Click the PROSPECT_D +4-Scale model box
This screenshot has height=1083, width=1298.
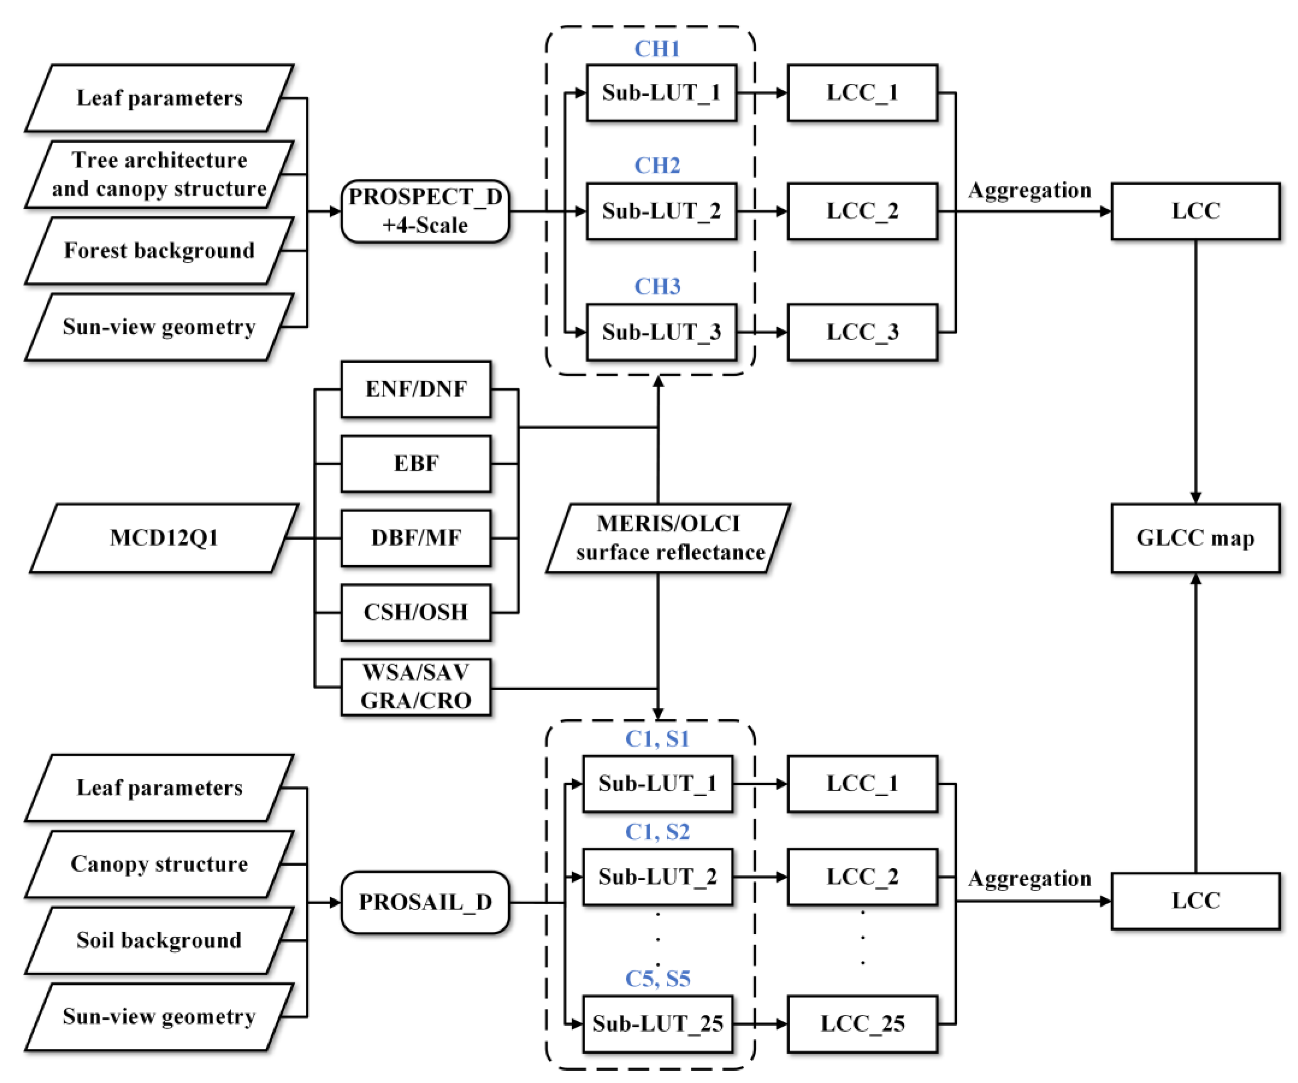tap(425, 211)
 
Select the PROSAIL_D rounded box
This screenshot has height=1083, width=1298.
tap(425, 902)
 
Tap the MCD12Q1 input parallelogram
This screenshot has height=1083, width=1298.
tap(164, 538)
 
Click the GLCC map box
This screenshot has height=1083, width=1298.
tap(1195, 538)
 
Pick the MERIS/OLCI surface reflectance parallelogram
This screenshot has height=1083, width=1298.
tap(669, 538)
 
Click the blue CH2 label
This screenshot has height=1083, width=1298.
tap(657, 166)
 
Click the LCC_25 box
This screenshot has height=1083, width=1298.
tap(862, 1024)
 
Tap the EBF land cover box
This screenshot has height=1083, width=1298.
tap(416, 464)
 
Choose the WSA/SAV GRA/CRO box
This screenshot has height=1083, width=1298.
tap(416, 687)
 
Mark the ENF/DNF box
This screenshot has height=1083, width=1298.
tap(416, 389)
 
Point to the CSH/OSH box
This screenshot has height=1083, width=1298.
tap(416, 612)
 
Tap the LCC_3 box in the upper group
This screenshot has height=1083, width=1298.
tap(862, 332)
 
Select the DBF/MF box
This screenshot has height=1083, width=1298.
tap(416, 538)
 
